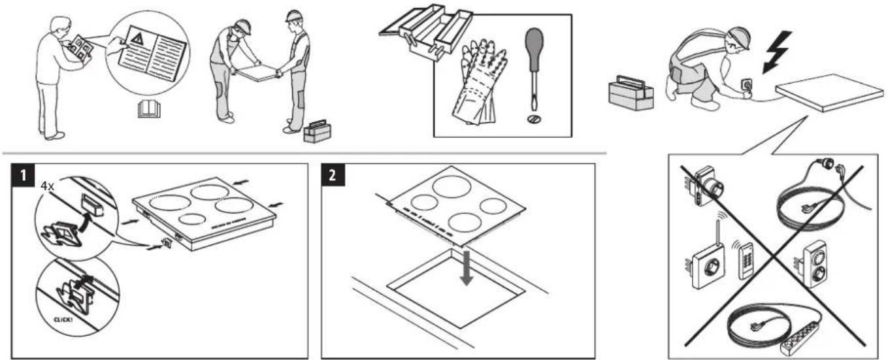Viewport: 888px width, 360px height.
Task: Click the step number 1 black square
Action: point(23,175)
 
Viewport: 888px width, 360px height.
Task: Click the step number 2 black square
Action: point(333,175)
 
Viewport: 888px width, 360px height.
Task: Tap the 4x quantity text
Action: point(48,186)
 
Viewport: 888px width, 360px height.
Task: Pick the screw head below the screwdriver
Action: point(534,118)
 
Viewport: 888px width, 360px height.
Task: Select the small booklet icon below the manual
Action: point(149,108)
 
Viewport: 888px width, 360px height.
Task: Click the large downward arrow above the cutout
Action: point(466,268)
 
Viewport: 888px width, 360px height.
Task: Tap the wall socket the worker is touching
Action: point(747,84)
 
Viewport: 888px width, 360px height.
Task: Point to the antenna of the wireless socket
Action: point(717,234)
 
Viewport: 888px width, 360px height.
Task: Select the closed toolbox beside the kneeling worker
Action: point(631,93)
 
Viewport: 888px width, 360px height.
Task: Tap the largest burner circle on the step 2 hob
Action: point(452,186)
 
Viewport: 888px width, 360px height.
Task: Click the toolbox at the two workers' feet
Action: point(317,131)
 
